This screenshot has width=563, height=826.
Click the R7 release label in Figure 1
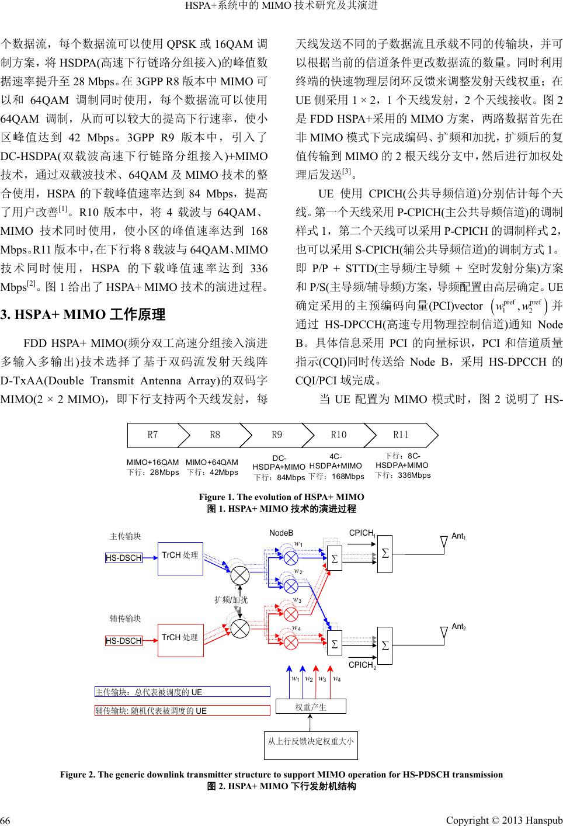click(x=152, y=435)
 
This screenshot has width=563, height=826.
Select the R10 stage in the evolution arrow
click(x=339, y=435)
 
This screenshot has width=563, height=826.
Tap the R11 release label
click(x=401, y=435)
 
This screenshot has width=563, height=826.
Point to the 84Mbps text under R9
click(x=291, y=478)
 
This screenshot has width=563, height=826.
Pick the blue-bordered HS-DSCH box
click(x=124, y=558)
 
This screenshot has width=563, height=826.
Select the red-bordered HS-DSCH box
click(x=124, y=641)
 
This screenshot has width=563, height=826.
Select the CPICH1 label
click(x=362, y=533)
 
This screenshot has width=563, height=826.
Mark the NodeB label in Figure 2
click(x=281, y=533)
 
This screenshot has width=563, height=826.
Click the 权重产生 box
click(x=311, y=707)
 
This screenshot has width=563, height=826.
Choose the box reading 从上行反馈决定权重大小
click(x=311, y=742)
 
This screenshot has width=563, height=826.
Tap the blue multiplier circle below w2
click(x=290, y=585)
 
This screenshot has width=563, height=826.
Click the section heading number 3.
click(x=5, y=316)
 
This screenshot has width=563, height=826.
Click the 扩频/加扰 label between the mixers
click(x=231, y=599)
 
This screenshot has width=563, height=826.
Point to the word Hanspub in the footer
click(x=544, y=815)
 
